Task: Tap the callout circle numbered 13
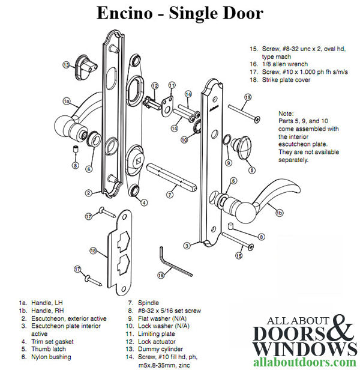tap(67, 64)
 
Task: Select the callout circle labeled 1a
tap(67, 102)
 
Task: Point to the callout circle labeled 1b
tap(278, 212)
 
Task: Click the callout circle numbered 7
tap(170, 195)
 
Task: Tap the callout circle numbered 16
tap(161, 274)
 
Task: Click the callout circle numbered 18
tap(93, 250)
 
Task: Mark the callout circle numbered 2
tap(88, 193)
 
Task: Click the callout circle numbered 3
tap(187, 246)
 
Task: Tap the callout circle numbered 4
tap(144, 202)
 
